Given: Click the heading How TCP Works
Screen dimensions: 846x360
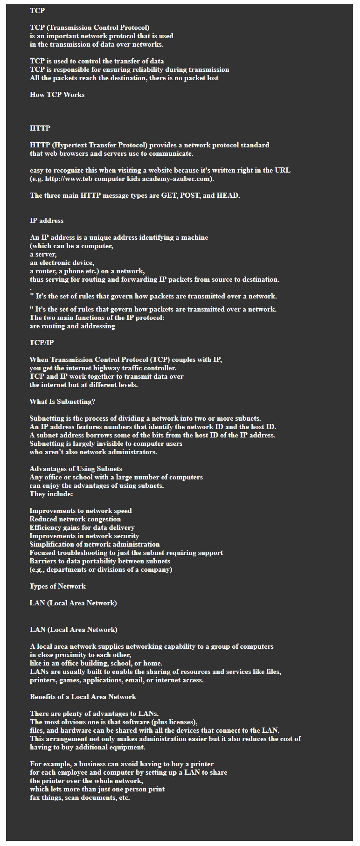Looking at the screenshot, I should click(57, 95).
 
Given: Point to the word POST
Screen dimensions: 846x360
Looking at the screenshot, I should click(189, 195).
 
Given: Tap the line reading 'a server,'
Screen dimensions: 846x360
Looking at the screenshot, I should click(43, 254).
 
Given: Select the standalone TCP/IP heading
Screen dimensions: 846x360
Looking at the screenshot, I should click(42, 343).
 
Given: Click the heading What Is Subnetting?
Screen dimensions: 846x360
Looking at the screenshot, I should click(62, 402).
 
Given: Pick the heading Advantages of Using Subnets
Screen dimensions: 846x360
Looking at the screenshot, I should click(76, 469).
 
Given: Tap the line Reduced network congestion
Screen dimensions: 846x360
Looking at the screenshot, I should click(75, 519).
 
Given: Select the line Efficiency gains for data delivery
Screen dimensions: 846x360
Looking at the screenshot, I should click(82, 527).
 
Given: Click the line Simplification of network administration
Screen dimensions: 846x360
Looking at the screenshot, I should click(94, 544).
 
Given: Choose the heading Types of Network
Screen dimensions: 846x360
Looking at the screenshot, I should click(57, 586).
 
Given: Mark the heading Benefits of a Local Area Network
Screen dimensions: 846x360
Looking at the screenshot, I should click(83, 697).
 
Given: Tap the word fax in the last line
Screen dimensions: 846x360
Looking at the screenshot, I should click(35, 797).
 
